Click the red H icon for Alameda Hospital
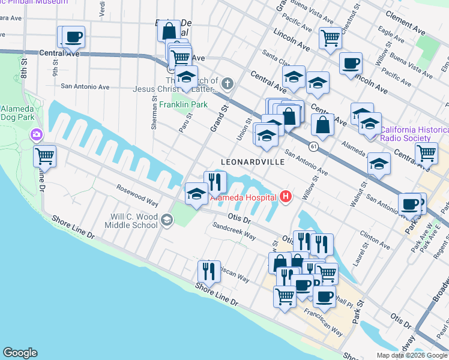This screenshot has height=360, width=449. [x=286, y=196]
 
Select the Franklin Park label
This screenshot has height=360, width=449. [x=183, y=104]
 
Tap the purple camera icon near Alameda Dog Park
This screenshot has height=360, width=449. [x=37, y=134]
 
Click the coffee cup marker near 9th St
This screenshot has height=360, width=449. [x=74, y=37]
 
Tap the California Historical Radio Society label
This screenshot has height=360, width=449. [x=414, y=134]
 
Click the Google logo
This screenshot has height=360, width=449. [x=20, y=353]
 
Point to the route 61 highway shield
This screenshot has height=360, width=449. [x=313, y=146]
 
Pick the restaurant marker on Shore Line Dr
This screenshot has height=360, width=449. [x=209, y=271]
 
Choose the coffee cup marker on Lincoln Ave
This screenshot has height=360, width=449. [x=351, y=63]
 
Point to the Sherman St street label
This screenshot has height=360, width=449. [x=154, y=115]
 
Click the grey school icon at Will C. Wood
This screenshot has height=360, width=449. [x=166, y=221]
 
